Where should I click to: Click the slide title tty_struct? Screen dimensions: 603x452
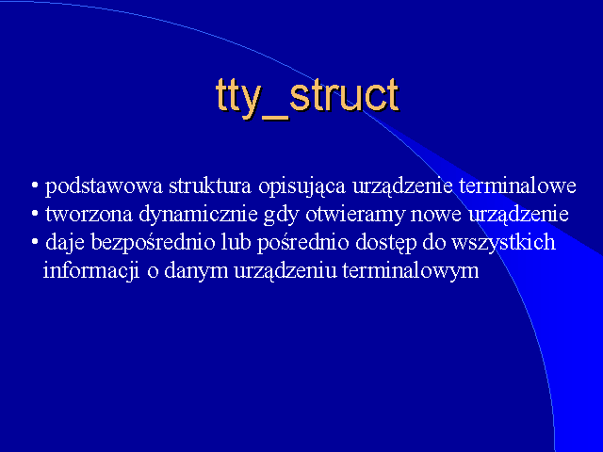307,97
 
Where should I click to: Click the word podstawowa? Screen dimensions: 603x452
104,187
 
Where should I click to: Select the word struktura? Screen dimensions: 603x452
210,186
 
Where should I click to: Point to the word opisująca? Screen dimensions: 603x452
301,187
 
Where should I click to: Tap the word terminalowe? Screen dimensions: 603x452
517,186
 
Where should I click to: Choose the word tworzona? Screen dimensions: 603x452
89,214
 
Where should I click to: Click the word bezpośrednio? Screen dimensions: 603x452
153,243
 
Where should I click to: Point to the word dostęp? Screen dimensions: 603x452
386,243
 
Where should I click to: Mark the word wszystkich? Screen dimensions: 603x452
503,243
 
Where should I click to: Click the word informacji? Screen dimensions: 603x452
91,271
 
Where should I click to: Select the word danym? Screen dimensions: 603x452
196,271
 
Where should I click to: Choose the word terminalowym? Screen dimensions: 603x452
411,271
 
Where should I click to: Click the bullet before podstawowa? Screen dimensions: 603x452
35,186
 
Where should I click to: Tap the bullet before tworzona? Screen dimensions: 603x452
35,214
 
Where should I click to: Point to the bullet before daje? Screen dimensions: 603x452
35,242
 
